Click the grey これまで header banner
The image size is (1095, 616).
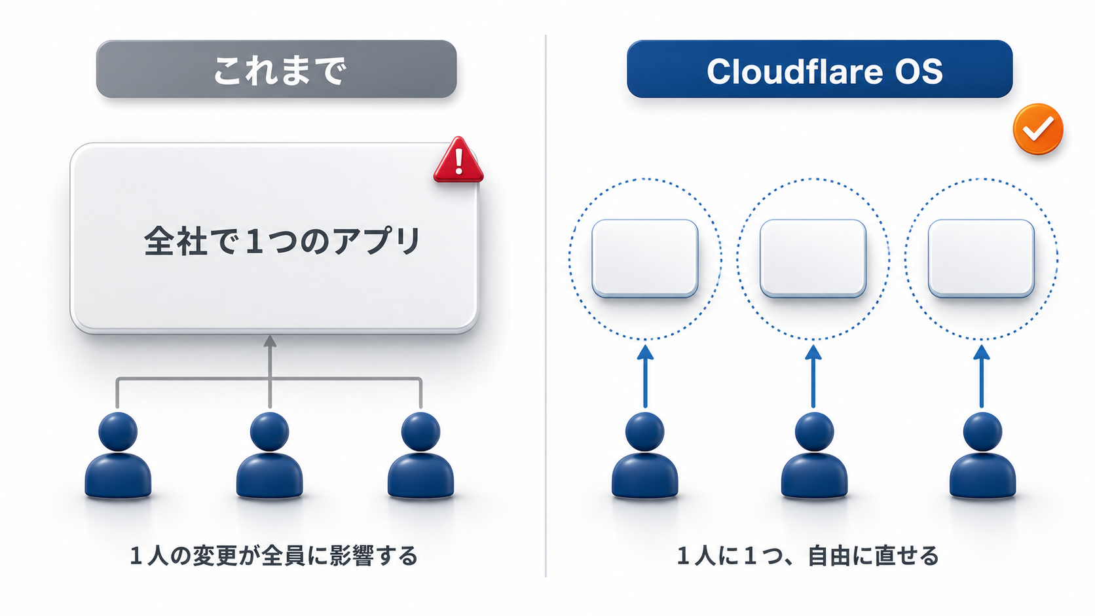(x=276, y=69)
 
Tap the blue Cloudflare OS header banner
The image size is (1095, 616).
(x=820, y=69)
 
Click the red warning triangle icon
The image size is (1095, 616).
(x=458, y=160)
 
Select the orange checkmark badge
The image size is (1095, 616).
(x=1038, y=129)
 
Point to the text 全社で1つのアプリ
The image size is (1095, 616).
(x=282, y=240)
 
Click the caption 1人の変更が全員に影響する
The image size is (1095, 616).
(x=274, y=556)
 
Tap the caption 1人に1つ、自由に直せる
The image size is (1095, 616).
(x=807, y=556)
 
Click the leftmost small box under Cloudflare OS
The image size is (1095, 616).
(x=645, y=259)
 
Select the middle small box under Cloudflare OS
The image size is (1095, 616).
(x=813, y=259)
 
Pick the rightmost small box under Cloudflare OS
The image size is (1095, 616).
(x=981, y=259)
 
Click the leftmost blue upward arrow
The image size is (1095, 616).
(x=645, y=376)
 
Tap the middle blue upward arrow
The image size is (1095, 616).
(x=813, y=376)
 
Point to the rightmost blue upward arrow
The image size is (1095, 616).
(x=982, y=376)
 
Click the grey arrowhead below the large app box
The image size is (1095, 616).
(x=270, y=341)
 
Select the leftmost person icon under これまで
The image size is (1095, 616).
(x=118, y=455)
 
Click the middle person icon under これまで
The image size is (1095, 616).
(x=269, y=455)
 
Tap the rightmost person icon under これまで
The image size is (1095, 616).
(x=420, y=455)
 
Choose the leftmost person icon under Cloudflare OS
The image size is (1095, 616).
(x=645, y=455)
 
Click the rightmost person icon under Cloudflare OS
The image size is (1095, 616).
(x=982, y=455)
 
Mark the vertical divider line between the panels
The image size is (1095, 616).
(x=546, y=306)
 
